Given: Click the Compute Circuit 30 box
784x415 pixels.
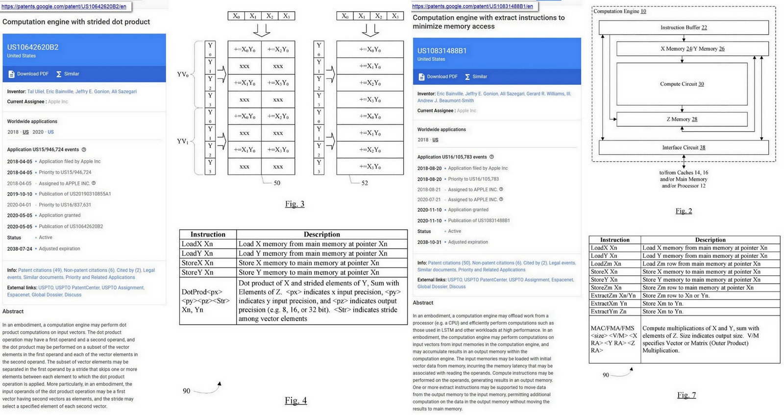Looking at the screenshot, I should pos(682,84).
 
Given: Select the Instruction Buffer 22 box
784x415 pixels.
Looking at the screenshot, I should pos(684,27).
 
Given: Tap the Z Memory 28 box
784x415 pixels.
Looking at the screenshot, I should pos(682,119).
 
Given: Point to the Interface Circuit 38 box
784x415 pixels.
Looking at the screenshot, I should pos(684,147).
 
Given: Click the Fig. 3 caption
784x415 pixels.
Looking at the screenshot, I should pos(294,204).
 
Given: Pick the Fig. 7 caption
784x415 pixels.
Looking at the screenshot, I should pos(686,395).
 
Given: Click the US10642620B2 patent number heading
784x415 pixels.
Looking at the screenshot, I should pos(33,47).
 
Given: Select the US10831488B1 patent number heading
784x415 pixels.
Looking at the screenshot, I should pos(441,50).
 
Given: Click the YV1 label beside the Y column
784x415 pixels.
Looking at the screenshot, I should pos(182,141).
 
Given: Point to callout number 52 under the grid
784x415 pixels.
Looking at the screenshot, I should pos(364,183).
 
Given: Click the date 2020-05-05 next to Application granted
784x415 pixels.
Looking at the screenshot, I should pos(20,216).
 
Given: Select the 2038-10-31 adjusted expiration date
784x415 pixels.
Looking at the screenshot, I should pos(429,242).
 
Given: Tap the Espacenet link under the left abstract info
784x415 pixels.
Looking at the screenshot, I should pos(18,295).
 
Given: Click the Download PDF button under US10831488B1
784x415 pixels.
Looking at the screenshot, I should pos(438,76).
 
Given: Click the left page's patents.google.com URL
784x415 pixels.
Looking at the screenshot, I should pos(64,6).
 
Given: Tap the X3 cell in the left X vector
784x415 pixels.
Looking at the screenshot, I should pos(286,16).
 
